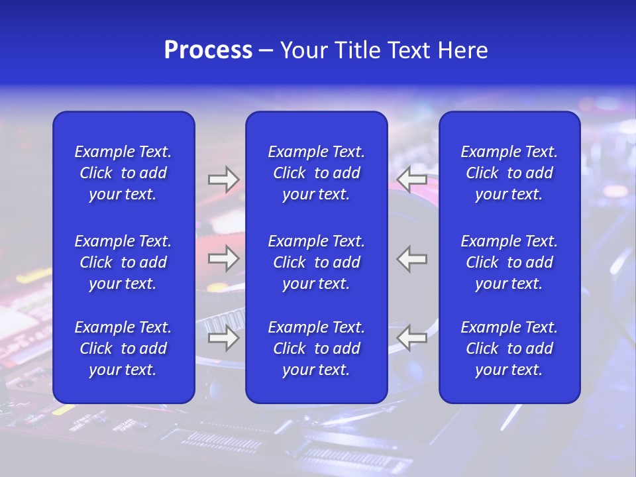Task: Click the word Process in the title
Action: pyautogui.click(x=208, y=50)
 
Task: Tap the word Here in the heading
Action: pyautogui.click(x=462, y=50)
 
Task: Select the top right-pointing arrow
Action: pyautogui.click(x=223, y=180)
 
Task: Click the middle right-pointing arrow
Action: pyautogui.click(x=223, y=259)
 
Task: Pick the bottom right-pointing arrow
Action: pyautogui.click(x=223, y=339)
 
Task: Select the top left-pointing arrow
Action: pyautogui.click(x=412, y=179)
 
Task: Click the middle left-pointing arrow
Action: pyautogui.click(x=412, y=259)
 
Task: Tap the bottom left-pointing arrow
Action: pyautogui.click(x=412, y=339)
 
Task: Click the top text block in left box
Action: pyautogui.click(x=123, y=173)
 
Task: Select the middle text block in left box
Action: pyautogui.click(x=123, y=262)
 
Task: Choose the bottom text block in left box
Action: pyautogui.click(x=123, y=348)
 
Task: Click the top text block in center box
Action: pyautogui.click(x=317, y=173)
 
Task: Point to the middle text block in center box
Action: pyautogui.click(x=317, y=262)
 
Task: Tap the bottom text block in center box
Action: pyautogui.click(x=317, y=348)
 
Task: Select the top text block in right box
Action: pyautogui.click(x=509, y=173)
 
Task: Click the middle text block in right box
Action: pyautogui.click(x=509, y=262)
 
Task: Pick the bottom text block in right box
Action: pyautogui.click(x=509, y=348)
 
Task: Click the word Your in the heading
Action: pyautogui.click(x=304, y=50)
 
